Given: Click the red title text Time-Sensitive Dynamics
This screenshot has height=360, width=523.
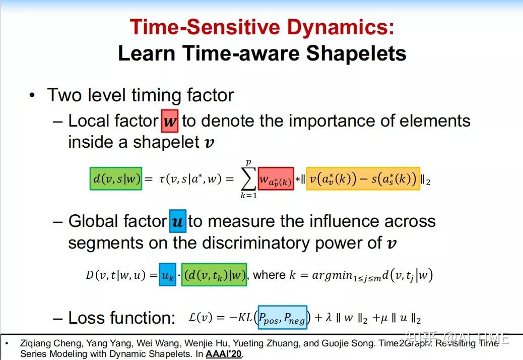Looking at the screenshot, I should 261,27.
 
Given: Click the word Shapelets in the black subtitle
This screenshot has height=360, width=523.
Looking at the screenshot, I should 358,53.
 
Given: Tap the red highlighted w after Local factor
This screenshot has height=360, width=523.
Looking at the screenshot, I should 170,121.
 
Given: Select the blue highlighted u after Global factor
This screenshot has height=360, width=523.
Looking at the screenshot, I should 177,221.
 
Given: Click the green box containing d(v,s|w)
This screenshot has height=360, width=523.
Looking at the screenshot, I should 116,178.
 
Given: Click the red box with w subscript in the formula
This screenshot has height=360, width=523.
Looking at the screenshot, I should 276,179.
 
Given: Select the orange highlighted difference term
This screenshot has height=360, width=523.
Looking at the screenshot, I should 362,179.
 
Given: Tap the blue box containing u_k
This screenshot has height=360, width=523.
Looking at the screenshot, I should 167,275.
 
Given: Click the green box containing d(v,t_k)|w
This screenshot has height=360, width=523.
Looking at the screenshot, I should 214,275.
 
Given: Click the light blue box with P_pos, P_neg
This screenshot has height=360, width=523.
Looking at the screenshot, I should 282,318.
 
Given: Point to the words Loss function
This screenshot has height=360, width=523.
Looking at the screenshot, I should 121,318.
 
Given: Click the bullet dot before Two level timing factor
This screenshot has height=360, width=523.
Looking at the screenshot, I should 32,95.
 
